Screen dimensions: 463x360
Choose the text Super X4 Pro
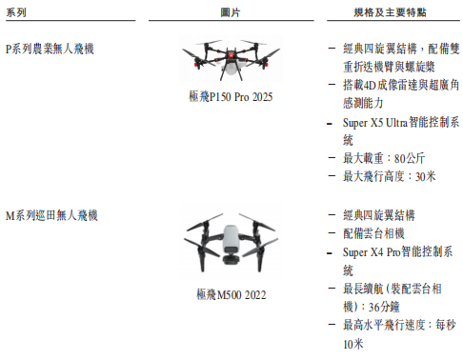coord(371,253)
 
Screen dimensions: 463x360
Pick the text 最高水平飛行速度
coord(380,325)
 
